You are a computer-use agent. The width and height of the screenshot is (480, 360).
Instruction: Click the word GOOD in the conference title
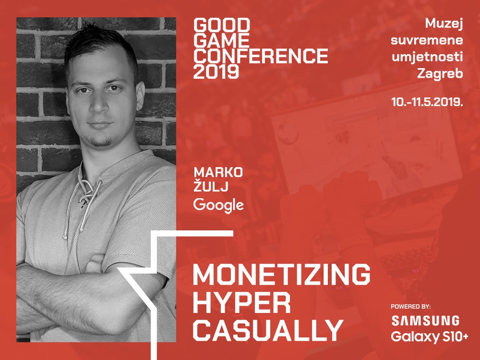[x=222, y=25]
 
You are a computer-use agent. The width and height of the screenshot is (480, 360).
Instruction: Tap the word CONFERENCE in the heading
[x=261, y=56]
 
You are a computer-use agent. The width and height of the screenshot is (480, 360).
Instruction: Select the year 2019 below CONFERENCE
[x=216, y=72]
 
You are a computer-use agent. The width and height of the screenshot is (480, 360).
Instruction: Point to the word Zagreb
[x=440, y=74]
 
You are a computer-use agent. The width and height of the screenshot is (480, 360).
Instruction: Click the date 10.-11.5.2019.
[x=427, y=102]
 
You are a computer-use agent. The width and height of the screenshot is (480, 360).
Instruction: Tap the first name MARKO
[x=218, y=172]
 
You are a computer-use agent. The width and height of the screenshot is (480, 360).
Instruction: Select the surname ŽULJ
[x=211, y=186]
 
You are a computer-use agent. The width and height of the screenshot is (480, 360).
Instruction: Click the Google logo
[x=218, y=205]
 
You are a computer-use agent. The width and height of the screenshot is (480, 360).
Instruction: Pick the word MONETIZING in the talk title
[x=282, y=274]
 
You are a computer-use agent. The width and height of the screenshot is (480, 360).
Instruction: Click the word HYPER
[x=242, y=303]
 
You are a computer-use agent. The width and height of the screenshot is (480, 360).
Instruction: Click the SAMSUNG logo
[x=425, y=321]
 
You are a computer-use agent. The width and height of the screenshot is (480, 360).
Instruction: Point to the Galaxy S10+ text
[x=430, y=337]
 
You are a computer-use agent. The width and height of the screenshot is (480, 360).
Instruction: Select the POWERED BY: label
[x=411, y=306]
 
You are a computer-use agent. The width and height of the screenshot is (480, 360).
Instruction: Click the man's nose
[x=98, y=104]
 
